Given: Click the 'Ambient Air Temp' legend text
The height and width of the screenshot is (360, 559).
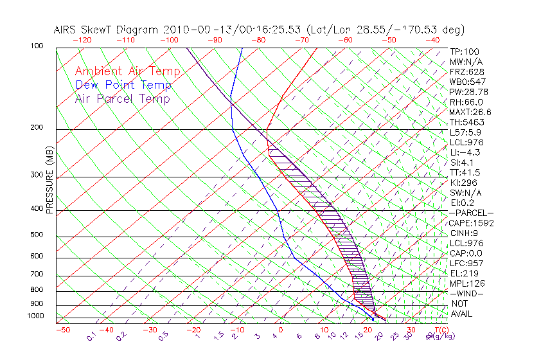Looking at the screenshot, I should coord(127,71).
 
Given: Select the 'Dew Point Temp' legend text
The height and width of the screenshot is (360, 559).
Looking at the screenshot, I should coord(123,85).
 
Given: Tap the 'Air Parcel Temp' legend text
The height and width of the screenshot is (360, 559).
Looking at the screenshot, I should coord(122,98).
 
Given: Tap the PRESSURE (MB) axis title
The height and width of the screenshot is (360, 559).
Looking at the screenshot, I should coord(49,183).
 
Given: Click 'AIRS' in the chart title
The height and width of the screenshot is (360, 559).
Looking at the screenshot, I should coord(67,30).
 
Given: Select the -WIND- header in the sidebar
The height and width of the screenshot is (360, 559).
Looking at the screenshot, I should coord(466,293).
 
